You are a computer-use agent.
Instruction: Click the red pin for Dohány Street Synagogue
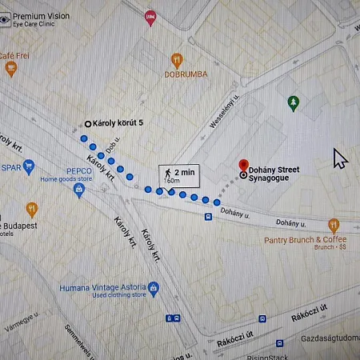(x=244, y=164)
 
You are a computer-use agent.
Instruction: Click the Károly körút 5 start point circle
(x=88, y=123)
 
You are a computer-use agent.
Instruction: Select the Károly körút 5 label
(x=119, y=123)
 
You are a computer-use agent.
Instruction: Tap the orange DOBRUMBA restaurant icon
(x=177, y=59)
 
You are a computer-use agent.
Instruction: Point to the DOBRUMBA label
(x=186, y=74)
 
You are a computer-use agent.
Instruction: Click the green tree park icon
(x=294, y=102)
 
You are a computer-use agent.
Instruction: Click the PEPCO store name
(x=78, y=170)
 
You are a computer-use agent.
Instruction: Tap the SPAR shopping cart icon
(x=30, y=167)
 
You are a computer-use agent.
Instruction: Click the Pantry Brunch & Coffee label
(x=306, y=239)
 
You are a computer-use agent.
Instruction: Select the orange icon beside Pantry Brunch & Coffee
(x=334, y=225)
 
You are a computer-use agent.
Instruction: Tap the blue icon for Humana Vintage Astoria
(x=154, y=289)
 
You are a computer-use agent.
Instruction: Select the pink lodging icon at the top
(x=150, y=18)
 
